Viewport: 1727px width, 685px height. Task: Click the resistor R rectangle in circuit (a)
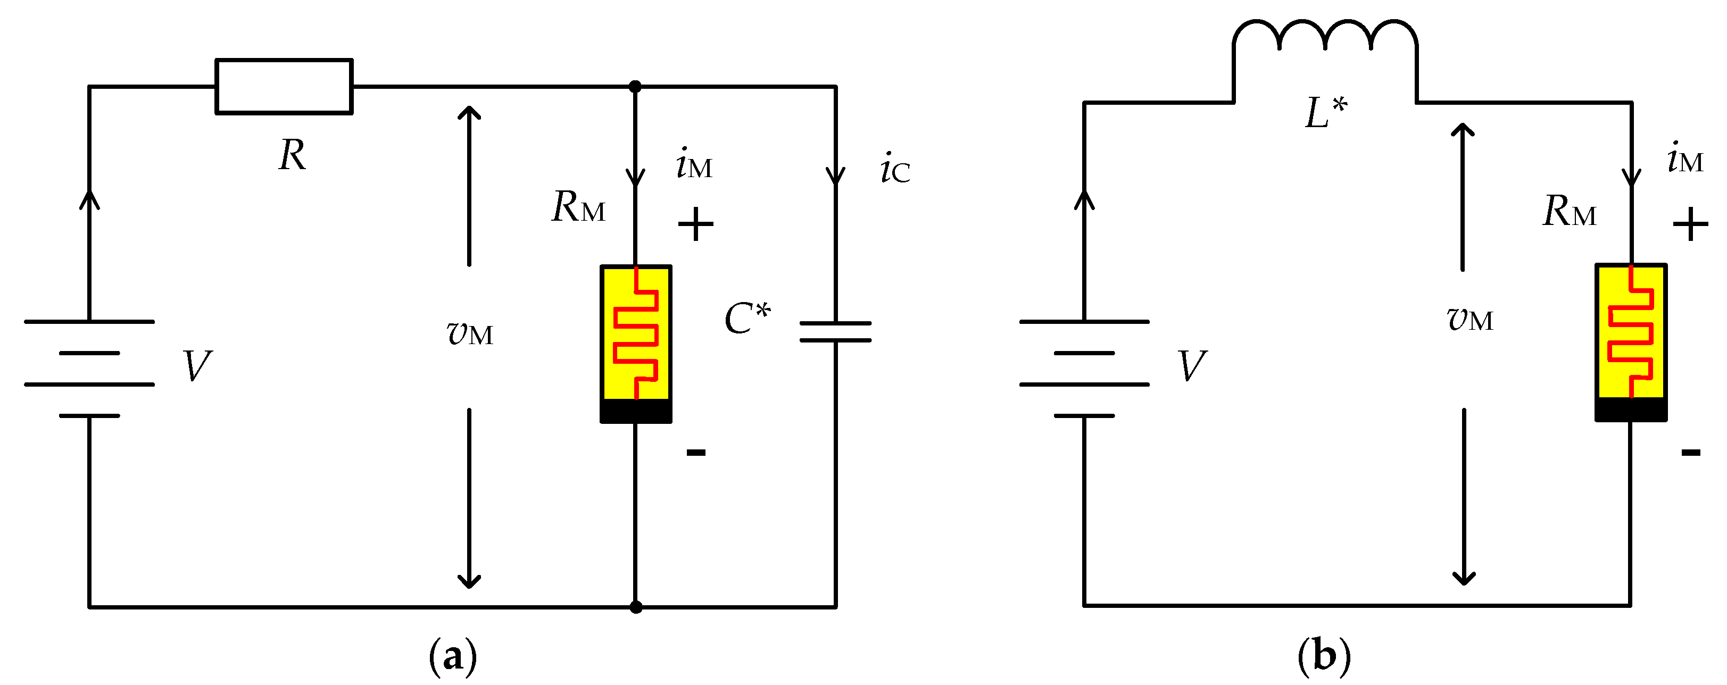[284, 87]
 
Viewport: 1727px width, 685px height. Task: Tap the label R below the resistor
[292, 155]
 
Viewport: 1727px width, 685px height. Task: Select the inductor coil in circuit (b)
[1324, 37]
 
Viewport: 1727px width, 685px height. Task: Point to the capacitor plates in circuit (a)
[835, 332]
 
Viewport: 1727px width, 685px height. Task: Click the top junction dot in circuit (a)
[635, 87]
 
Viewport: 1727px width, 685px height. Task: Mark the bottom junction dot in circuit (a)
[636, 607]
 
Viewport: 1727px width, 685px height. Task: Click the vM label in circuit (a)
[469, 332]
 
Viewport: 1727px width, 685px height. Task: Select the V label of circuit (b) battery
[1192, 366]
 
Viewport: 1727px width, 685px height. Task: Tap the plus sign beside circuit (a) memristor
[695, 224]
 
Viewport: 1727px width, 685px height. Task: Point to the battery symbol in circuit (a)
[89, 368]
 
